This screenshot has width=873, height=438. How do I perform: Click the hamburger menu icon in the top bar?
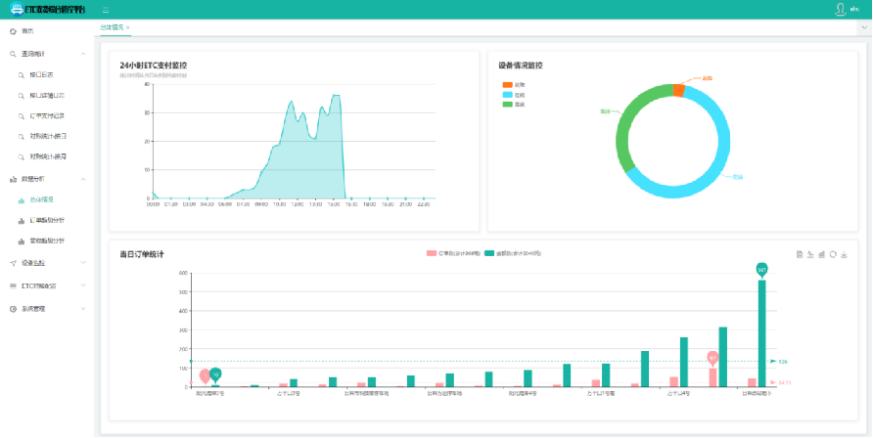click(106, 9)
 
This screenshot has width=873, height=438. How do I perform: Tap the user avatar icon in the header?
click(840, 9)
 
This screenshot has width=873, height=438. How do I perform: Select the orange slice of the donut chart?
click(678, 90)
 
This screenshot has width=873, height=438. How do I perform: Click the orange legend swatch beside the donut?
click(506, 85)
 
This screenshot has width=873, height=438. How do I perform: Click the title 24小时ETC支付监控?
click(153, 66)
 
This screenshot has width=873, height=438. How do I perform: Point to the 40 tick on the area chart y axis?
click(146, 84)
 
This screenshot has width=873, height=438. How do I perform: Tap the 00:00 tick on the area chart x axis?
click(153, 204)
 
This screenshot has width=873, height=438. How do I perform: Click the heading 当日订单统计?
click(142, 254)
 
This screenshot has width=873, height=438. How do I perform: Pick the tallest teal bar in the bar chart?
click(761, 332)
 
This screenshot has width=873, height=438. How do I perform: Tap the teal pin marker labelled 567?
click(761, 269)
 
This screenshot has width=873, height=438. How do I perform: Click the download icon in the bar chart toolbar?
click(843, 254)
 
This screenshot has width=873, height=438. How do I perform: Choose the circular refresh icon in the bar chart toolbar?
click(832, 254)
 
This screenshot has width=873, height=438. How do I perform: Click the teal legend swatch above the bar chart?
click(489, 254)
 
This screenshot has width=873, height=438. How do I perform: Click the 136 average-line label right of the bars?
click(783, 362)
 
